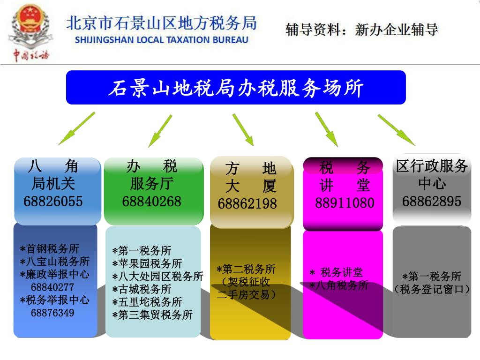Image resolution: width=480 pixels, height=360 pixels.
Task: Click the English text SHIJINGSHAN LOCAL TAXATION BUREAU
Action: tap(162, 40)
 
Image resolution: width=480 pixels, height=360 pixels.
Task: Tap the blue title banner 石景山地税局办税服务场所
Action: tap(236, 88)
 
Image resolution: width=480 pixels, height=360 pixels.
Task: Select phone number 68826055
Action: tap(53, 202)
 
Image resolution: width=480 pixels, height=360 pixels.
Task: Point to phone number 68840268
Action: tap(151, 202)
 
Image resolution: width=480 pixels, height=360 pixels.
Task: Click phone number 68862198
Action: tap(247, 204)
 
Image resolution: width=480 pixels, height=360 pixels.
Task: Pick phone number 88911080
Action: tap(345, 203)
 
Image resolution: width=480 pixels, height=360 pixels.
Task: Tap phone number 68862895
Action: tap(432, 202)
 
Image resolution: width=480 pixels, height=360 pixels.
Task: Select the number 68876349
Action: tap(52, 313)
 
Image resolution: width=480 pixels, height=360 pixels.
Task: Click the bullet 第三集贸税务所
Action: tap(152, 315)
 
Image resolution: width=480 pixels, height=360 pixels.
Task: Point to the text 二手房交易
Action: tap(247, 295)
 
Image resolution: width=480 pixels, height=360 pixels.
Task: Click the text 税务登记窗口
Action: tap(432, 289)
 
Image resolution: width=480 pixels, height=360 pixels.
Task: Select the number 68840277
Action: tap(52, 287)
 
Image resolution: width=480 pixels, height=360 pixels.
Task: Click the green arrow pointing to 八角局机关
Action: tap(76, 128)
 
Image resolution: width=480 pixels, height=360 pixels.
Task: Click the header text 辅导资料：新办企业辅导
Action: tap(361, 30)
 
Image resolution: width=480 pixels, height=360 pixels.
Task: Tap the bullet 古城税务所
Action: tap(142, 290)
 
